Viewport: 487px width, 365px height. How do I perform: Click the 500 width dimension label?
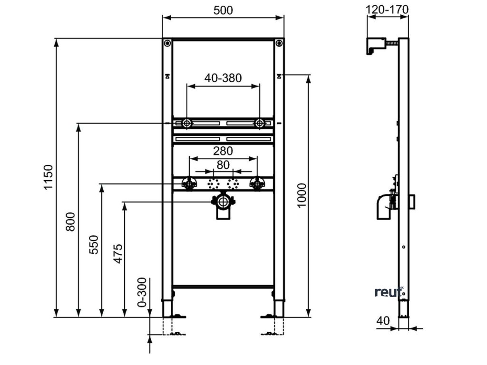[x=223, y=10]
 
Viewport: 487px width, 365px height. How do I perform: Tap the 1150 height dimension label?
[x=49, y=177]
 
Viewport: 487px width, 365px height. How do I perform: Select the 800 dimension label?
[x=70, y=221]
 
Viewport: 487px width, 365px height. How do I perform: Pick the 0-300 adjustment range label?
[x=141, y=292]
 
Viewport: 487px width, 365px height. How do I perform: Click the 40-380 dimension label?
[x=223, y=77]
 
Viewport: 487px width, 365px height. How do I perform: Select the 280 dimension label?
[x=223, y=151]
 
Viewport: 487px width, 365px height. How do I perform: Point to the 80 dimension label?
[x=223, y=164]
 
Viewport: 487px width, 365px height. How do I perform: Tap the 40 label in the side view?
[x=383, y=321]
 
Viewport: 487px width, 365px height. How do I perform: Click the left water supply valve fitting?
[x=189, y=183]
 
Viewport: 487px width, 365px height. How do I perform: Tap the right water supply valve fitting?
[x=257, y=183]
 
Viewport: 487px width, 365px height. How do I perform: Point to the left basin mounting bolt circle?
[x=186, y=124]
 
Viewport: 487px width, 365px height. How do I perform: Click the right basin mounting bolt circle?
[x=260, y=124]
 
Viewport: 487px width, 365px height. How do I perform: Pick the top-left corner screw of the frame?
[x=167, y=44]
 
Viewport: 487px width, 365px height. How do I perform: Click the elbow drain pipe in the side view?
[x=383, y=208]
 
